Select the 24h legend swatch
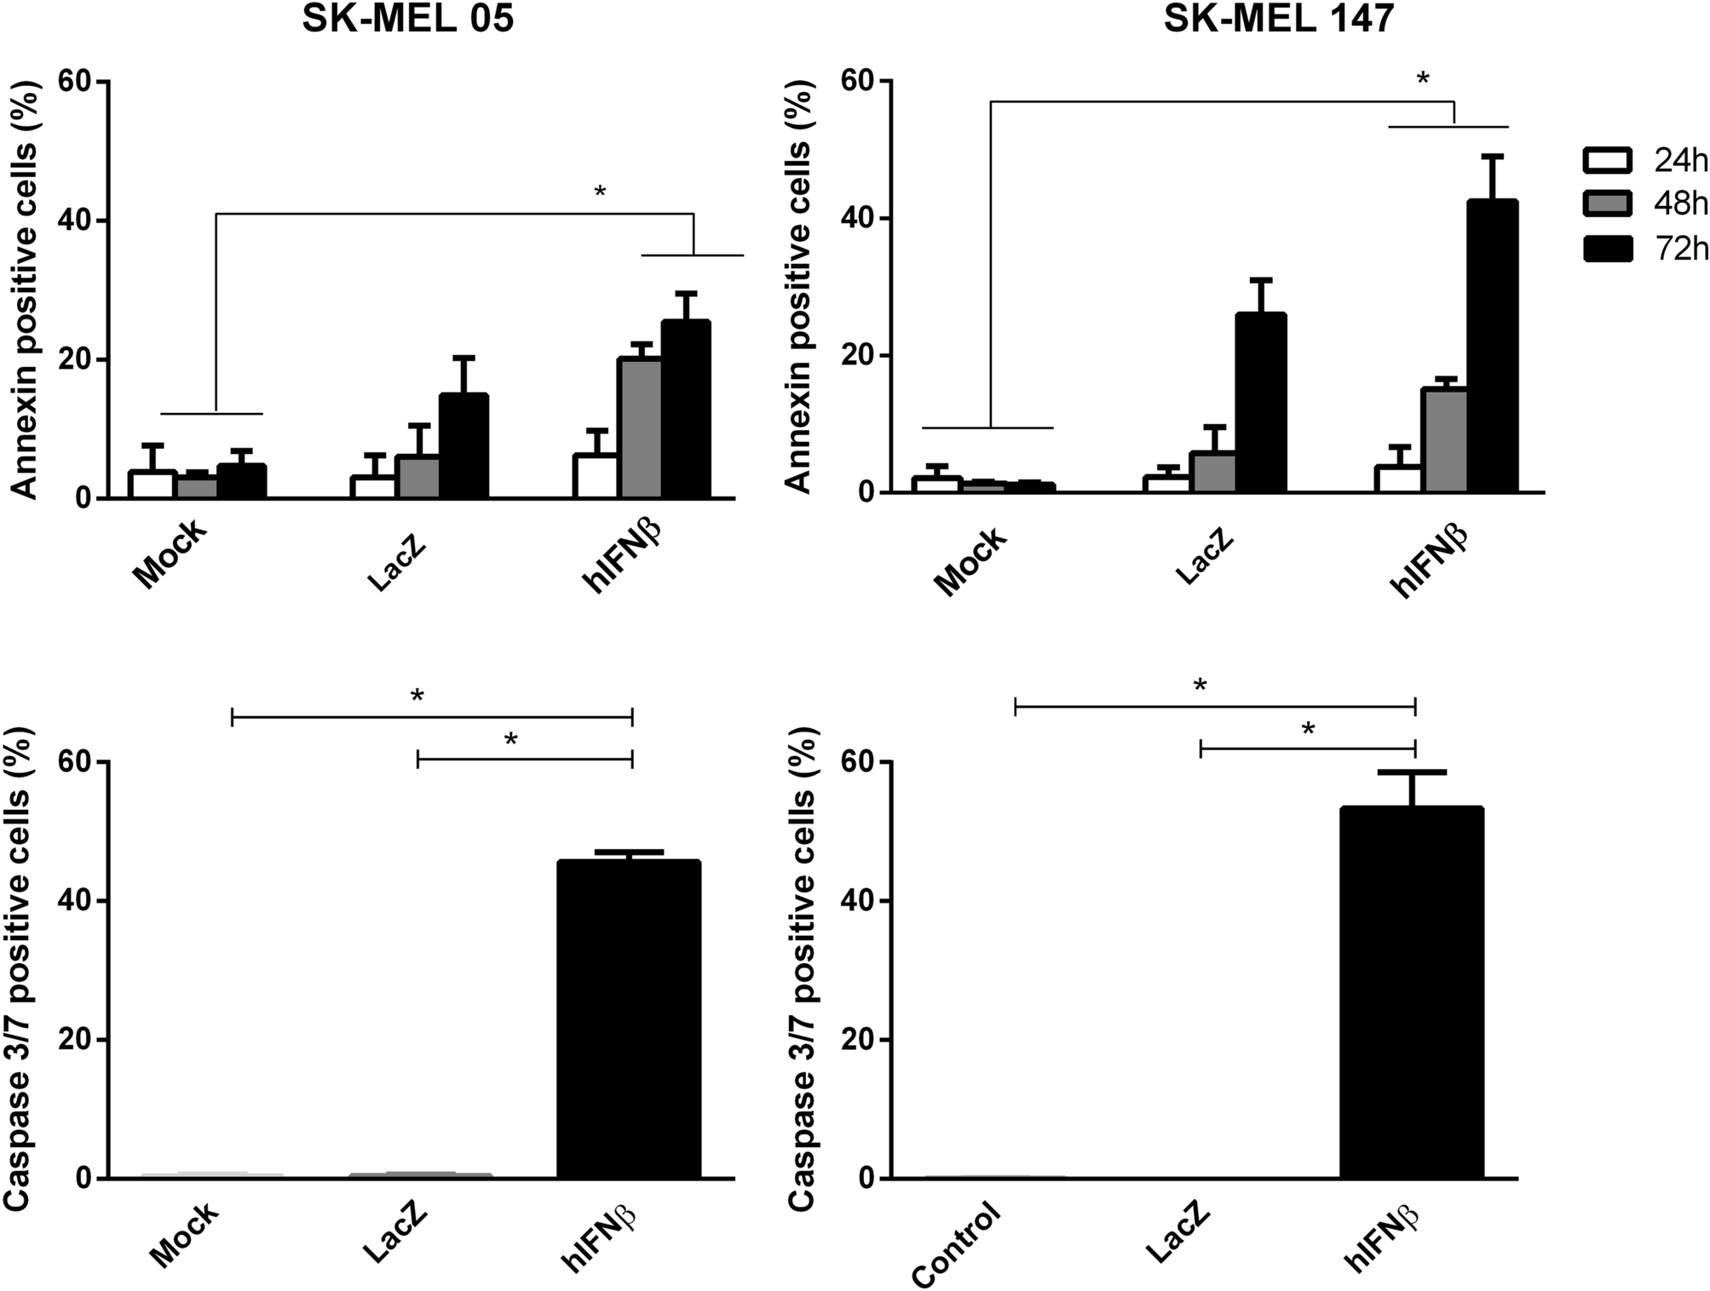[1607, 160]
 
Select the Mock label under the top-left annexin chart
[170, 554]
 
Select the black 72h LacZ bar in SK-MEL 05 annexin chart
[463, 446]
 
